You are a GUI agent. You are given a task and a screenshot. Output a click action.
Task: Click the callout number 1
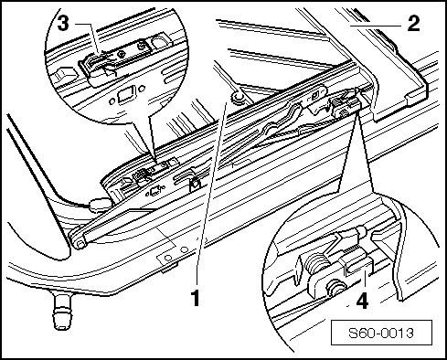click(196, 298)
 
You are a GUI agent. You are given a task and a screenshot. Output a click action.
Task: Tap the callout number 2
click(413, 24)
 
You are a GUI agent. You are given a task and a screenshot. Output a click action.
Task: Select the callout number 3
click(63, 23)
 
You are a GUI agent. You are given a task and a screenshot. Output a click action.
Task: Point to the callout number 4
click(362, 301)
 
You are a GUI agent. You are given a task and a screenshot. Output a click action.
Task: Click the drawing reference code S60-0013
click(381, 333)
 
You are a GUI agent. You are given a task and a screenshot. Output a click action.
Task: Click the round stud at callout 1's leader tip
click(238, 98)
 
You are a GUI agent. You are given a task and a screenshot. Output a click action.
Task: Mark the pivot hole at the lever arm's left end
click(80, 244)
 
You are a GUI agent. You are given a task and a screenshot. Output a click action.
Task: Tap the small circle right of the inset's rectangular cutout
click(142, 89)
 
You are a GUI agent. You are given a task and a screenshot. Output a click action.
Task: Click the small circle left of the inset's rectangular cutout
click(112, 101)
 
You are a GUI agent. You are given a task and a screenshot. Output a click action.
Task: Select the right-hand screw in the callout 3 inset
click(141, 47)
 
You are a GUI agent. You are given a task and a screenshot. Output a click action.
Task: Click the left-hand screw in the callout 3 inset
click(122, 54)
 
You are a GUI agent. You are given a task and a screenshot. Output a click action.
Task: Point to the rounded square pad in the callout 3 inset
click(159, 43)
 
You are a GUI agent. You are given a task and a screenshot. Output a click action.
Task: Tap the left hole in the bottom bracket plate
click(167, 259)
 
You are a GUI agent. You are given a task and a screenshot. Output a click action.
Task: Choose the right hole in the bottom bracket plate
click(184, 250)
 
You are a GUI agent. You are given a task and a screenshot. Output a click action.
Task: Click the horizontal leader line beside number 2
click(377, 26)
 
